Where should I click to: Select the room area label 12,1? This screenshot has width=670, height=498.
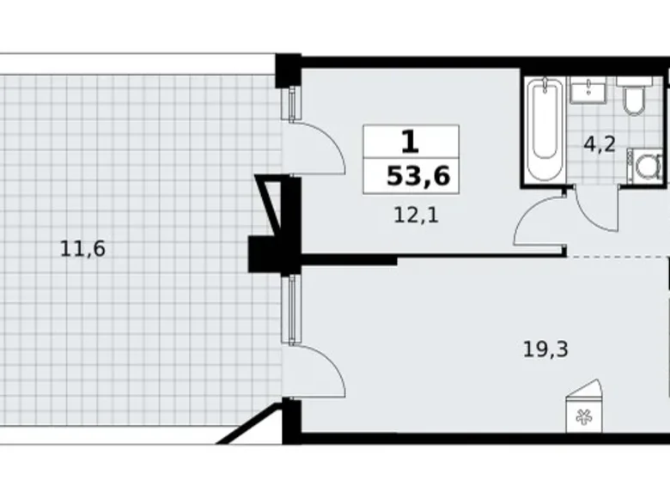[x=417, y=216]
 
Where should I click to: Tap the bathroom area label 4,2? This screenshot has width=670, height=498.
[x=600, y=143]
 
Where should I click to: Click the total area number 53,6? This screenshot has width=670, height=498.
[x=418, y=177]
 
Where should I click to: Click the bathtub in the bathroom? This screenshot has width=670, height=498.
[x=542, y=130]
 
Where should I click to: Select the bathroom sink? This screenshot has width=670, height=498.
[x=588, y=88]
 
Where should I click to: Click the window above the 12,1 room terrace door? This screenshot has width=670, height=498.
[x=293, y=99]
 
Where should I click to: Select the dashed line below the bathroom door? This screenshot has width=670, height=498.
[x=618, y=257]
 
